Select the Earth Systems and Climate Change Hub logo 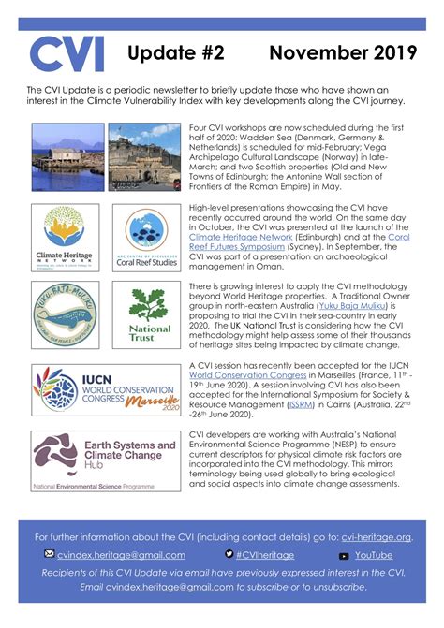pos(104,460)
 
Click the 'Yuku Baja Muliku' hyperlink pos(345,303)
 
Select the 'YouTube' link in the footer pos(374,555)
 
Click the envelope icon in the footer pos(49,555)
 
